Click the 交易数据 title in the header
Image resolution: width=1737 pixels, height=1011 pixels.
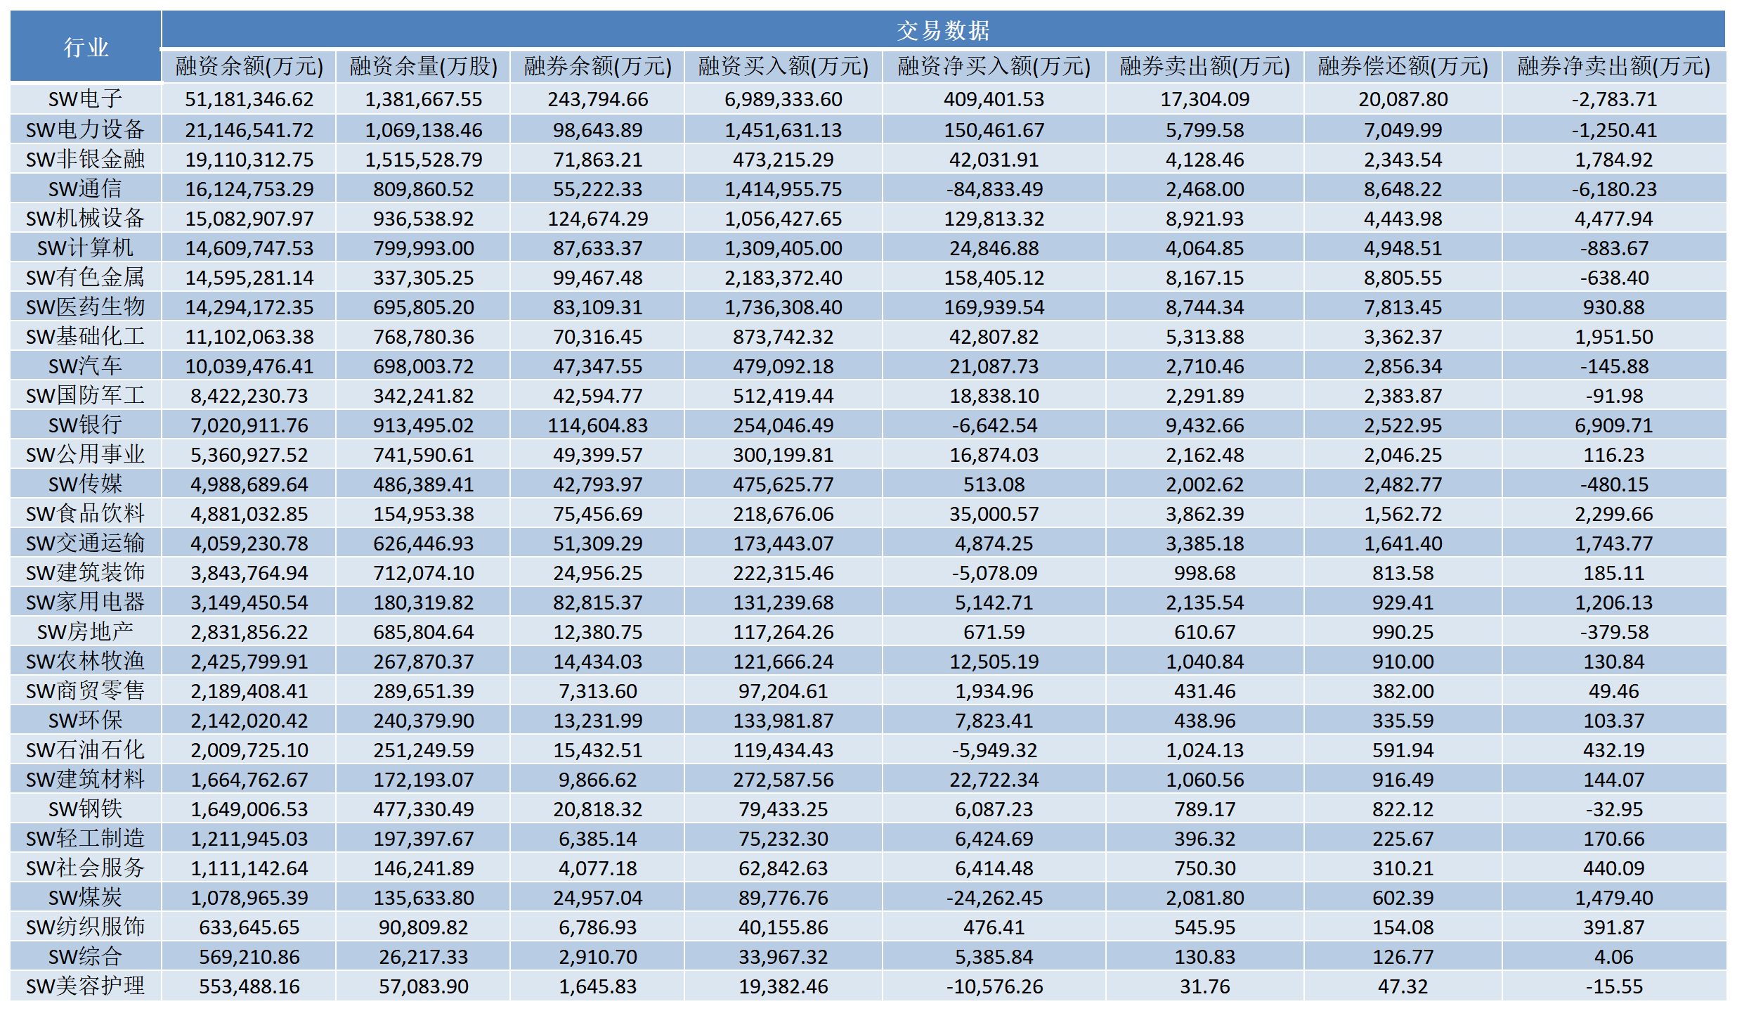point(943,30)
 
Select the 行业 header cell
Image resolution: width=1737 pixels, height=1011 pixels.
point(86,47)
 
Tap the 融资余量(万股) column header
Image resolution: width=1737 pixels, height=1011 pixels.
point(424,66)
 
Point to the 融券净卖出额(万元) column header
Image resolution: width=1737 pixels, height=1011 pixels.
point(1613,66)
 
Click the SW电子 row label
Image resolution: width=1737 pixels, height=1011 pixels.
point(85,99)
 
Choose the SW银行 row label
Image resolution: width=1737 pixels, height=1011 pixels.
point(85,425)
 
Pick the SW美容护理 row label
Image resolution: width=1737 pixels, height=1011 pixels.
point(85,986)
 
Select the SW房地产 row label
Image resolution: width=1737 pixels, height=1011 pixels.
point(85,632)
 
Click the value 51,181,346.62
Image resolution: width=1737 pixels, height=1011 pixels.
point(249,99)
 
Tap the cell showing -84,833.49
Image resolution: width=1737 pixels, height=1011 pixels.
point(994,189)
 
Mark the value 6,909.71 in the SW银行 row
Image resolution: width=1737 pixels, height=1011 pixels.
point(1614,425)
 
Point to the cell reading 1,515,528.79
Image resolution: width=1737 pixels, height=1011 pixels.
point(424,160)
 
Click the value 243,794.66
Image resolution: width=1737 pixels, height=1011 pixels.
point(598,99)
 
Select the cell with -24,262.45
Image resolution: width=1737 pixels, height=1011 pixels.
point(994,898)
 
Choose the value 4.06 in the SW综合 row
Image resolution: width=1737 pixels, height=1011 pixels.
point(1614,957)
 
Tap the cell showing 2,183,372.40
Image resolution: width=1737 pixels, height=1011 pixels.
point(783,278)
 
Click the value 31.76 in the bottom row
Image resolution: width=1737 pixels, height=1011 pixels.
point(1205,986)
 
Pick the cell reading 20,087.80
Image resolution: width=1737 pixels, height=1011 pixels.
point(1403,99)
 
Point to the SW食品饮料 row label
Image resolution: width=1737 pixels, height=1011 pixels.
point(85,514)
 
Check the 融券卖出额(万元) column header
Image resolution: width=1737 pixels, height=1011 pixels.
point(1205,66)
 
